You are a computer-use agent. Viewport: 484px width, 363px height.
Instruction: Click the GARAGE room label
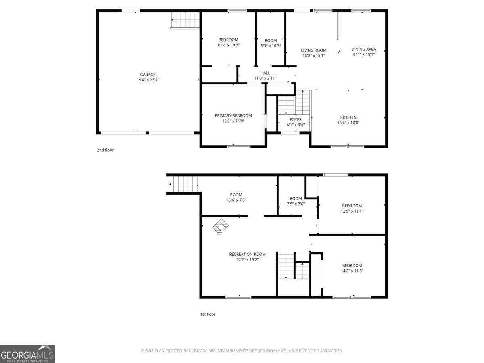coord(148,75)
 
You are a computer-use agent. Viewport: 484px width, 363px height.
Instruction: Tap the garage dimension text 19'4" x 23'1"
coord(148,80)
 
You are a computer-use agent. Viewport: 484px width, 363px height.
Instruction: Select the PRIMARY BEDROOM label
coord(233,116)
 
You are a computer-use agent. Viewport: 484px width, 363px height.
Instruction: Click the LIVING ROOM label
coord(313,50)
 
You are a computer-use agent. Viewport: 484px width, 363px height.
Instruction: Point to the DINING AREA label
coord(363,49)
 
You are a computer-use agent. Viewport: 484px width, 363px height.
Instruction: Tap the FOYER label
coord(295,120)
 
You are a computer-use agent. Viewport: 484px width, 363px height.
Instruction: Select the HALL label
coord(265,73)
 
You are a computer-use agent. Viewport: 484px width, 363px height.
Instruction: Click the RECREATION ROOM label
coord(247,254)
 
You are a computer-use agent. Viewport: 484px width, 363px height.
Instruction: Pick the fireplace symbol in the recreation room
coord(220,227)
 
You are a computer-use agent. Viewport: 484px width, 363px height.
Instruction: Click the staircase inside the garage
coord(186,20)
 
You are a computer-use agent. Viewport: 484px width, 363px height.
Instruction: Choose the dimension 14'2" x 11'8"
coord(352,271)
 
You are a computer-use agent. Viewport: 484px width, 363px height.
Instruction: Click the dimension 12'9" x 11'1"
coord(352,211)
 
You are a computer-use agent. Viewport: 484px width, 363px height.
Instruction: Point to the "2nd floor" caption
coord(105,150)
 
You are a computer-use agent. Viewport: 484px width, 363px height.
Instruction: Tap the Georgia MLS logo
coord(27,354)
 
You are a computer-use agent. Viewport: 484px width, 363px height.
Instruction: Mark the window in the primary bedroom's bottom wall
coord(239,146)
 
